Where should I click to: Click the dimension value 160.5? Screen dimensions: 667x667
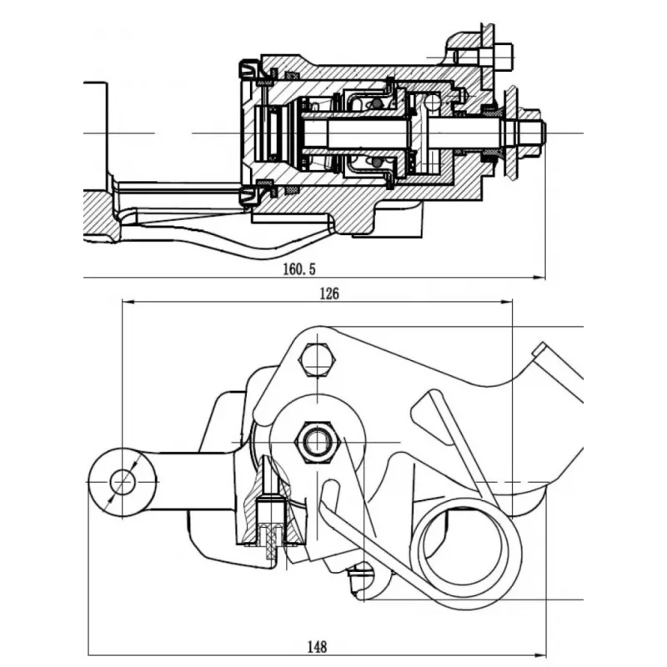point(299,268)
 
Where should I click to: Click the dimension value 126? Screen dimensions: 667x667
point(329,293)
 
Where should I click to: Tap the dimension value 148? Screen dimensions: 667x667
point(318,647)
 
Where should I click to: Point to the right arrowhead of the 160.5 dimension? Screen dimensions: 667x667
point(539,278)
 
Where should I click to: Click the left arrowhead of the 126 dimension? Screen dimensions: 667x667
point(128,302)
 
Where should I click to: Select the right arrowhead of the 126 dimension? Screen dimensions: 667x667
point(507,302)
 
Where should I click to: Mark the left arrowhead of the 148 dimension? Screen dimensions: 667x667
point(94,654)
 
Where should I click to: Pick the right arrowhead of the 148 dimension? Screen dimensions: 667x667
point(539,654)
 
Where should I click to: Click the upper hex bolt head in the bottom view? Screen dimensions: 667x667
point(318,360)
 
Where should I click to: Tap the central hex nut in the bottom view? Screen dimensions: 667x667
point(318,443)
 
